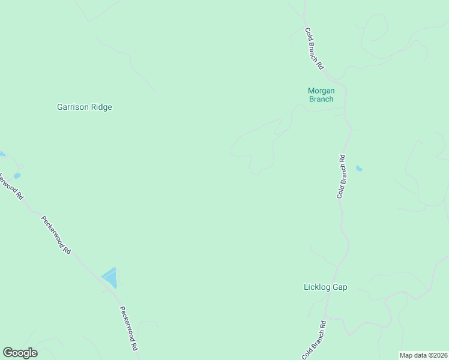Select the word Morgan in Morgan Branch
321,91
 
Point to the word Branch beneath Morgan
321,99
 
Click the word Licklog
317,287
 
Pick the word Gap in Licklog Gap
340,287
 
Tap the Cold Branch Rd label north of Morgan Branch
314,49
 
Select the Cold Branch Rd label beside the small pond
341,176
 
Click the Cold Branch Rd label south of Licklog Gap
313,340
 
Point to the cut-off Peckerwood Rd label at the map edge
11,186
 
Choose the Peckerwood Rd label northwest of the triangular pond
56,235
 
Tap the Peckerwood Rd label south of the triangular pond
129,328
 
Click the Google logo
20,353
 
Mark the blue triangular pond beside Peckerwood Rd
110,278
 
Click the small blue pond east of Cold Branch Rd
359,169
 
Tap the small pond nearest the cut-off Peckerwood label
17,176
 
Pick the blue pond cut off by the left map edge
2,154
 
